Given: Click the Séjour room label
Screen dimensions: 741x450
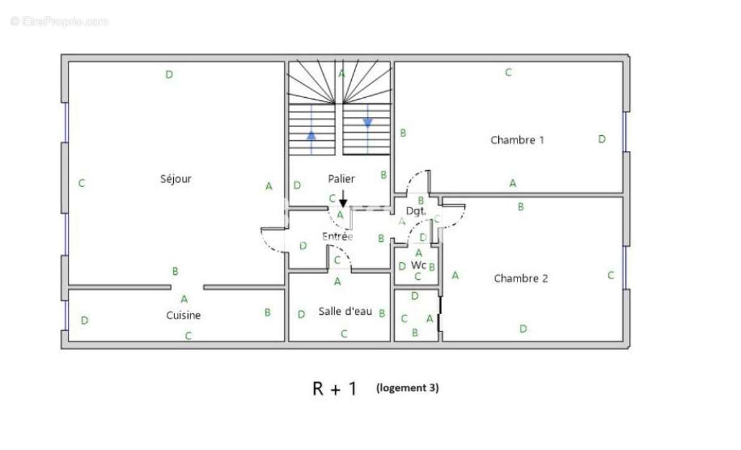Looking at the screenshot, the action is click(176, 179).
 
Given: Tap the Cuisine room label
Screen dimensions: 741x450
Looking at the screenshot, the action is click(183, 315).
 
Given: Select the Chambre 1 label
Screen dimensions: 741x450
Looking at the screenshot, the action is click(517, 140).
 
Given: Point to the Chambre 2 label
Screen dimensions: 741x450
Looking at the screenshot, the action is click(521, 278).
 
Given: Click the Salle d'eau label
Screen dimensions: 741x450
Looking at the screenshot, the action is click(345, 311).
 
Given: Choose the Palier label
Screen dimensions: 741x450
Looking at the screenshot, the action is click(341, 179).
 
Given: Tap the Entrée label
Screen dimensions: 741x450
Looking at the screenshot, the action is click(337, 236).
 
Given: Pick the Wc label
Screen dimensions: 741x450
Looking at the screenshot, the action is click(418, 264).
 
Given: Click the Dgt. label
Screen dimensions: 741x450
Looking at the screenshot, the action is click(416, 211).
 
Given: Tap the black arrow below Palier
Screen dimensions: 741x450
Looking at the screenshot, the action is click(343, 198).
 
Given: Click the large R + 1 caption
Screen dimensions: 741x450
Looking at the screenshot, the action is click(334, 388).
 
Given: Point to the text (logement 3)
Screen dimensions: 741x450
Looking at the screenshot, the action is click(407, 388).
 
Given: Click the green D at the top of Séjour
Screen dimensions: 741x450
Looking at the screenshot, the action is click(169, 74).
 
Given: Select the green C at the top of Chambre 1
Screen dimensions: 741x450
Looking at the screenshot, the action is click(509, 72).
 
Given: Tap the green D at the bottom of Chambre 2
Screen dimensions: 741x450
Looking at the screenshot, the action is click(523, 328).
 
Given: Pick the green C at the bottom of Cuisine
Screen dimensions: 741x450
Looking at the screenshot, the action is click(188, 336).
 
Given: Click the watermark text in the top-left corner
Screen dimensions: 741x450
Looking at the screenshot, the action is click(60, 21).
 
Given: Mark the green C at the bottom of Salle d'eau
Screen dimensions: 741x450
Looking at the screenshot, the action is click(344, 334).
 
